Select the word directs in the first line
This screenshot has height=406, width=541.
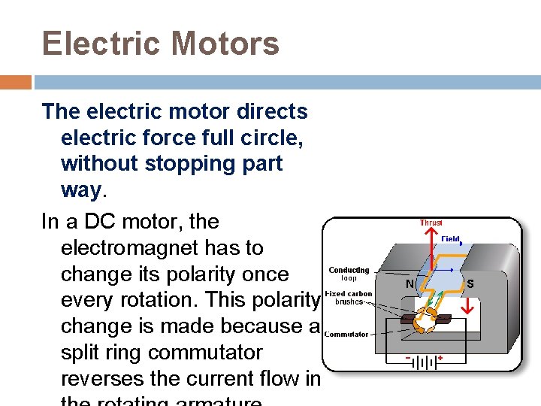pos(272,112)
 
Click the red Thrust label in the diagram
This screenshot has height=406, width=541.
pos(431,223)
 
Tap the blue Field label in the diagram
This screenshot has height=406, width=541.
pos(451,239)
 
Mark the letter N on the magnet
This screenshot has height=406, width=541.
pos(410,285)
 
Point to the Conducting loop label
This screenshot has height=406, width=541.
pos(349,274)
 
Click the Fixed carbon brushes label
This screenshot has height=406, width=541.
pos(348,297)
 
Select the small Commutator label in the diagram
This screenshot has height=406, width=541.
pos(346,335)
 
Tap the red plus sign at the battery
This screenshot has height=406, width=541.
pos(440,359)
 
